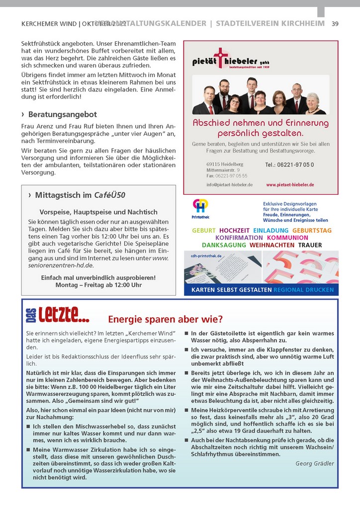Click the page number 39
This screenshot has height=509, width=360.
[x=335, y=23]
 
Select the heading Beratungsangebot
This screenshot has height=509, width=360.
[x=62, y=114]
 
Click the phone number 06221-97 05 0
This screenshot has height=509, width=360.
[x=289, y=165]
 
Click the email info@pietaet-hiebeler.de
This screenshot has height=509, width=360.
[x=229, y=184]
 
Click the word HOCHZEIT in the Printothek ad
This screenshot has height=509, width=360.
[x=234, y=231]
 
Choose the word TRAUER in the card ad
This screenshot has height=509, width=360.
[x=310, y=245]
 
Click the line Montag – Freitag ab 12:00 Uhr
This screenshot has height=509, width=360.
[x=98, y=285]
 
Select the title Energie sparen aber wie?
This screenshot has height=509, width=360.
[x=165, y=319]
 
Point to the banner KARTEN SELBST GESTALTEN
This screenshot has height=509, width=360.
[x=231, y=289]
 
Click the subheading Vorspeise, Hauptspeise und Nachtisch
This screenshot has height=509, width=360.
[x=98, y=212]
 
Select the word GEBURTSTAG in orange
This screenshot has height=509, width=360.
[x=312, y=231]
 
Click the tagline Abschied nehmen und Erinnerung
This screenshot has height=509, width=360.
[x=261, y=123]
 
